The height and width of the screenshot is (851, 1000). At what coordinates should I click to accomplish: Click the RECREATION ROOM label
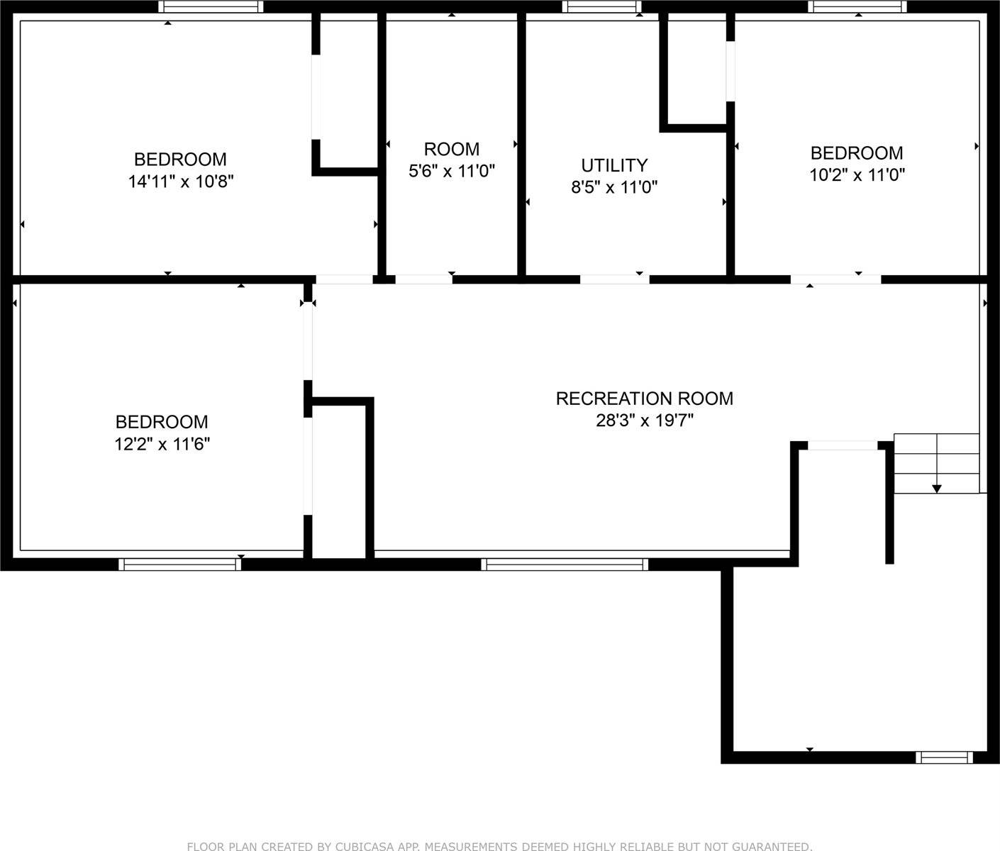point(645,399)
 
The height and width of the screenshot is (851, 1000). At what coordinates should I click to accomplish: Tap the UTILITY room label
point(614,165)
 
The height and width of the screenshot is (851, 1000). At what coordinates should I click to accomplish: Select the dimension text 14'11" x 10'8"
point(181,182)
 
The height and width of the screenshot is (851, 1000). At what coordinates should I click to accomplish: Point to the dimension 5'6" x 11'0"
point(452,172)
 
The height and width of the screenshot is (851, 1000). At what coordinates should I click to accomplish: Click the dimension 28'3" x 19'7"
point(645,421)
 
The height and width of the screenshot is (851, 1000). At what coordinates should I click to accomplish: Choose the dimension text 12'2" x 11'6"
point(162,444)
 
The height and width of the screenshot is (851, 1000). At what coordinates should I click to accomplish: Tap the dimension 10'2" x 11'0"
point(857,175)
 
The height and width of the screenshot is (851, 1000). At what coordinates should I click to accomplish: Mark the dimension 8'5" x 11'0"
point(614,187)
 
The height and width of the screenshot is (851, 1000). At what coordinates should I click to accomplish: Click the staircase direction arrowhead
point(937,489)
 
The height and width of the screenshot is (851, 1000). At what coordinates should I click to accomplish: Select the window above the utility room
point(601,6)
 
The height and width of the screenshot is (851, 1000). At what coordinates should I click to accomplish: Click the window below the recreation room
point(565,564)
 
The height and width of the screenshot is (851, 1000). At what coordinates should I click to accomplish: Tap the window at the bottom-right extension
point(944,757)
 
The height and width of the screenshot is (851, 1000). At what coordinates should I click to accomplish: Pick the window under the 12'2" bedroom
point(180,564)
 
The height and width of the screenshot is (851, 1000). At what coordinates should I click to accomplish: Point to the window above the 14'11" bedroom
point(211,6)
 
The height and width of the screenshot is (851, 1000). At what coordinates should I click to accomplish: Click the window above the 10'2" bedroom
point(857,6)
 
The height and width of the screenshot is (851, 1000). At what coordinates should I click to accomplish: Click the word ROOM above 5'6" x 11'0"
point(452,149)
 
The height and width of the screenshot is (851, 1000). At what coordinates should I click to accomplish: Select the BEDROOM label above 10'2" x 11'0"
point(857,153)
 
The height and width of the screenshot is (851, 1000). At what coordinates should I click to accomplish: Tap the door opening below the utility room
point(614,279)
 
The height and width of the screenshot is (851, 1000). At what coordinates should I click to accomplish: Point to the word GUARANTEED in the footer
point(772,846)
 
